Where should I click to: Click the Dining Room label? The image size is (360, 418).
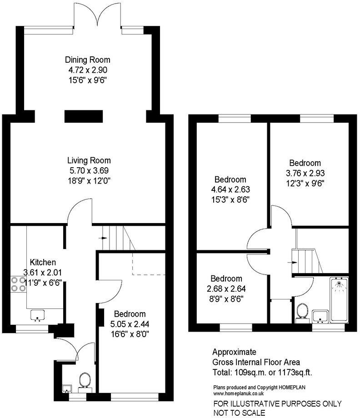click(88, 60)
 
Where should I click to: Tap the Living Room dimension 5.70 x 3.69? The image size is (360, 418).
click(89, 171)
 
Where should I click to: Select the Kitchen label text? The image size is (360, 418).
click(43, 262)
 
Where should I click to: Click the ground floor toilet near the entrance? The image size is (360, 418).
click(84, 381)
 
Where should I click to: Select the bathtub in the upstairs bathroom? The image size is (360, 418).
click(338, 299)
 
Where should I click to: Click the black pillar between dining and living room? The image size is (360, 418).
click(83, 116)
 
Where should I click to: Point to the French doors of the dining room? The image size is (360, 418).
click(96, 14)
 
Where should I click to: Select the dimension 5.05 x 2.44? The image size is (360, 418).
click(130, 324)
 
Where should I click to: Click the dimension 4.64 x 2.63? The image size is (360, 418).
click(230, 189)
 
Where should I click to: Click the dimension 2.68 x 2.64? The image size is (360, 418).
click(226, 289)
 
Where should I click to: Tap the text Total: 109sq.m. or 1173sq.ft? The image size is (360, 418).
click(262, 373)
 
